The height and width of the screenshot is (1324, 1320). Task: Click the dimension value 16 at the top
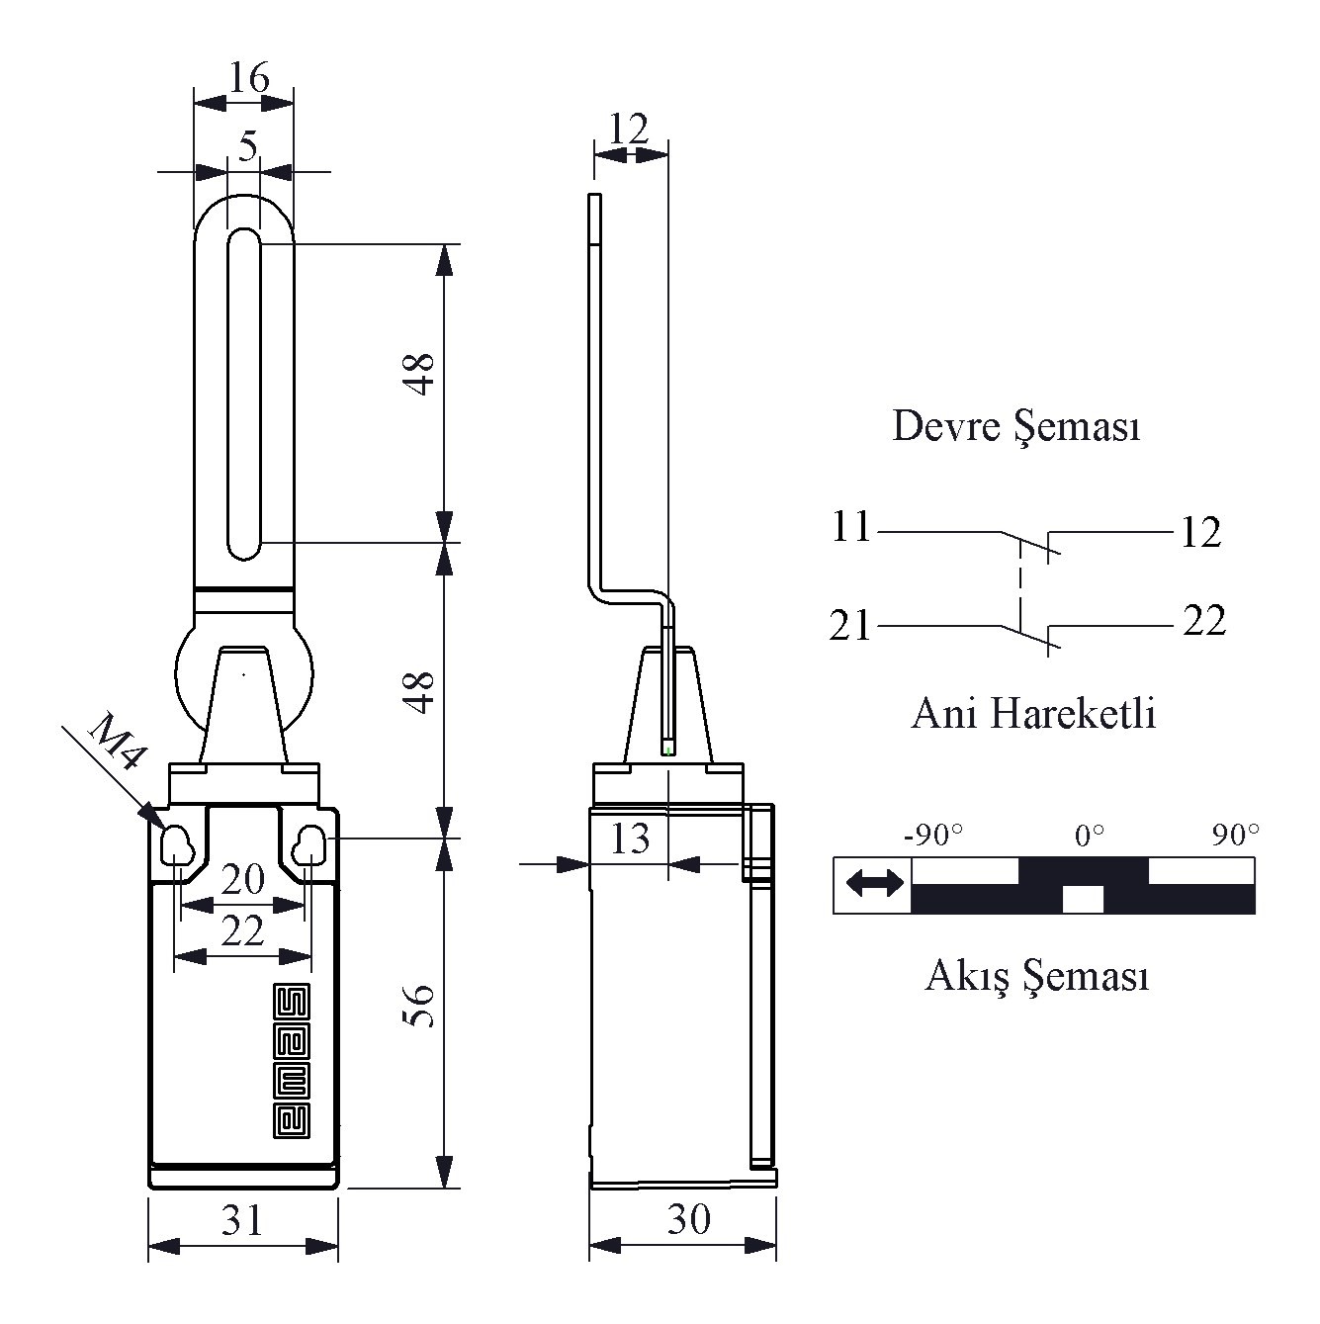(x=249, y=78)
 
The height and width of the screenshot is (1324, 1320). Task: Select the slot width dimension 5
(x=247, y=146)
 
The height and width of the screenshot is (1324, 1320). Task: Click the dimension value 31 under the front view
(x=242, y=1220)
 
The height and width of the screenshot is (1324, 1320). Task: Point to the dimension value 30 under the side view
(x=688, y=1219)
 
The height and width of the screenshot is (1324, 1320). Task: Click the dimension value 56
(x=418, y=1006)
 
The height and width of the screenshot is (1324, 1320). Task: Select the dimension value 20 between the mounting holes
(x=242, y=879)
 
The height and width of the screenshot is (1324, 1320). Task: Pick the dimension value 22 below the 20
(x=242, y=931)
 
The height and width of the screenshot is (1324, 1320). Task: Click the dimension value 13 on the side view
(x=630, y=839)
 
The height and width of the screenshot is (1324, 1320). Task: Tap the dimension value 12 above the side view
(x=629, y=129)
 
